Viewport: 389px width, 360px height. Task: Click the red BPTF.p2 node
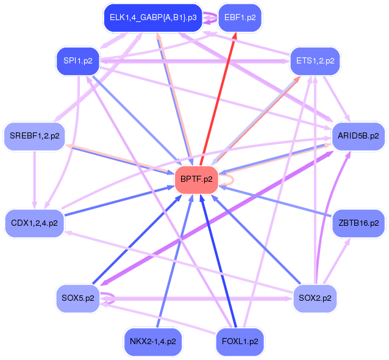point(197,179)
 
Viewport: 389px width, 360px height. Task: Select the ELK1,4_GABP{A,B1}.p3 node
point(153,17)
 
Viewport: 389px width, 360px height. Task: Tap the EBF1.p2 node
point(240,17)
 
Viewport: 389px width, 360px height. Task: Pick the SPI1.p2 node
point(77,60)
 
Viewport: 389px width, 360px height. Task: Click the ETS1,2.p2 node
point(315,61)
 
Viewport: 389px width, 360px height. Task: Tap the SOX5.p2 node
point(77,298)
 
